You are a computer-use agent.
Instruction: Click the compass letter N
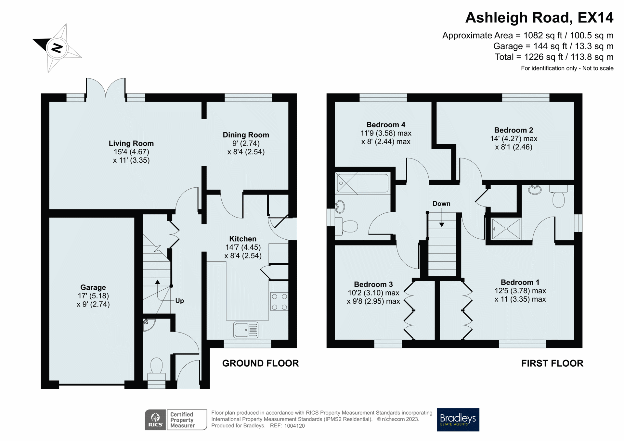pyautogui.click(x=57, y=48)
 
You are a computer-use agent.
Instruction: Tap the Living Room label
pyautogui.click(x=131, y=143)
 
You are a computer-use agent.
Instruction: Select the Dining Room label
pyautogui.click(x=246, y=135)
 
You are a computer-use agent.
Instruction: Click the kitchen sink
pyautogui.click(x=245, y=330)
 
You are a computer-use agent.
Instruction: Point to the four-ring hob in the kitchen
pyautogui.click(x=279, y=302)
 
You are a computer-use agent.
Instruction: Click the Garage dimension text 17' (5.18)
pyautogui.click(x=93, y=296)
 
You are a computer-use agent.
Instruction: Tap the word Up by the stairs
pyautogui.click(x=179, y=301)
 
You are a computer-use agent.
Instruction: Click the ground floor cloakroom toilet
pyautogui.click(x=157, y=367)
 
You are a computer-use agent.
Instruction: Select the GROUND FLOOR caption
pyautogui.click(x=260, y=363)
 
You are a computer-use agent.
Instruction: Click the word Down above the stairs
pyautogui.click(x=441, y=204)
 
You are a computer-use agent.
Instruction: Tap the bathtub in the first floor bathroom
pyautogui.click(x=362, y=183)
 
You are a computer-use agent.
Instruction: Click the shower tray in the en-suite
pyautogui.click(x=506, y=229)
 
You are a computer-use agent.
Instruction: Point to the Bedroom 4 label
pyautogui.click(x=385, y=125)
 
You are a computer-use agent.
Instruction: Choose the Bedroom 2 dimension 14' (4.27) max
pyautogui.click(x=513, y=139)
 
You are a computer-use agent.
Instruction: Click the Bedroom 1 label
pyautogui.click(x=520, y=282)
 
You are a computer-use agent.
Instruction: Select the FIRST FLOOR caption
pyautogui.click(x=552, y=363)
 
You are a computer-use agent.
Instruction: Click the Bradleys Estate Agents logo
pyautogui.click(x=458, y=419)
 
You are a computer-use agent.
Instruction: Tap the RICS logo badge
pyautogui.click(x=155, y=420)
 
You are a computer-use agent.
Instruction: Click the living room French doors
pyautogui.click(x=106, y=88)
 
